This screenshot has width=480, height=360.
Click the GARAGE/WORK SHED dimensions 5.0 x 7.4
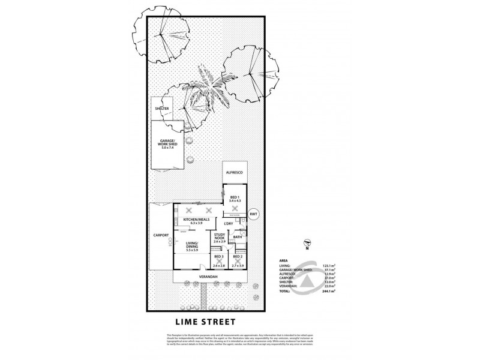(x=162, y=148)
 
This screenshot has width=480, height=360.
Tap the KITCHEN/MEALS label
(x=198, y=220)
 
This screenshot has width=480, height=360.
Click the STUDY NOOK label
(x=220, y=237)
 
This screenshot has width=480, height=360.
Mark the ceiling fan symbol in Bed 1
(x=232, y=208)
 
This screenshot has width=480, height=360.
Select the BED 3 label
(x=219, y=257)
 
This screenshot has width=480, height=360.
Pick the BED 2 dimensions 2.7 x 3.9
(x=238, y=264)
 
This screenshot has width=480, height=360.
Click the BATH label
(x=238, y=237)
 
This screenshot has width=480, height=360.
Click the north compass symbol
(x=307, y=244)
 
